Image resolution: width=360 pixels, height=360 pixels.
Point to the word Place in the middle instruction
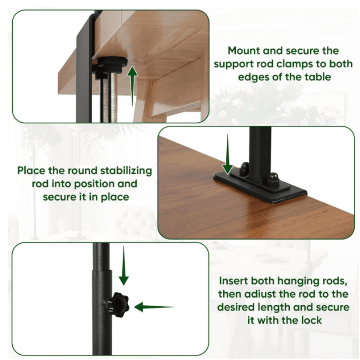[x=31, y=171]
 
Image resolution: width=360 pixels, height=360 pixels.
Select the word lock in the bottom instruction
[x=311, y=320]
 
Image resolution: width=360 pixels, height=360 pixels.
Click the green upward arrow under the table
[x=132, y=86]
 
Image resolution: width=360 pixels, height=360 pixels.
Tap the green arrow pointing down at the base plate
[x=228, y=154]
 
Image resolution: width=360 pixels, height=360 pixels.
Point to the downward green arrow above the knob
[x=124, y=265]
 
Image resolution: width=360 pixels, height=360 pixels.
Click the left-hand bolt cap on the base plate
[x=245, y=168]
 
